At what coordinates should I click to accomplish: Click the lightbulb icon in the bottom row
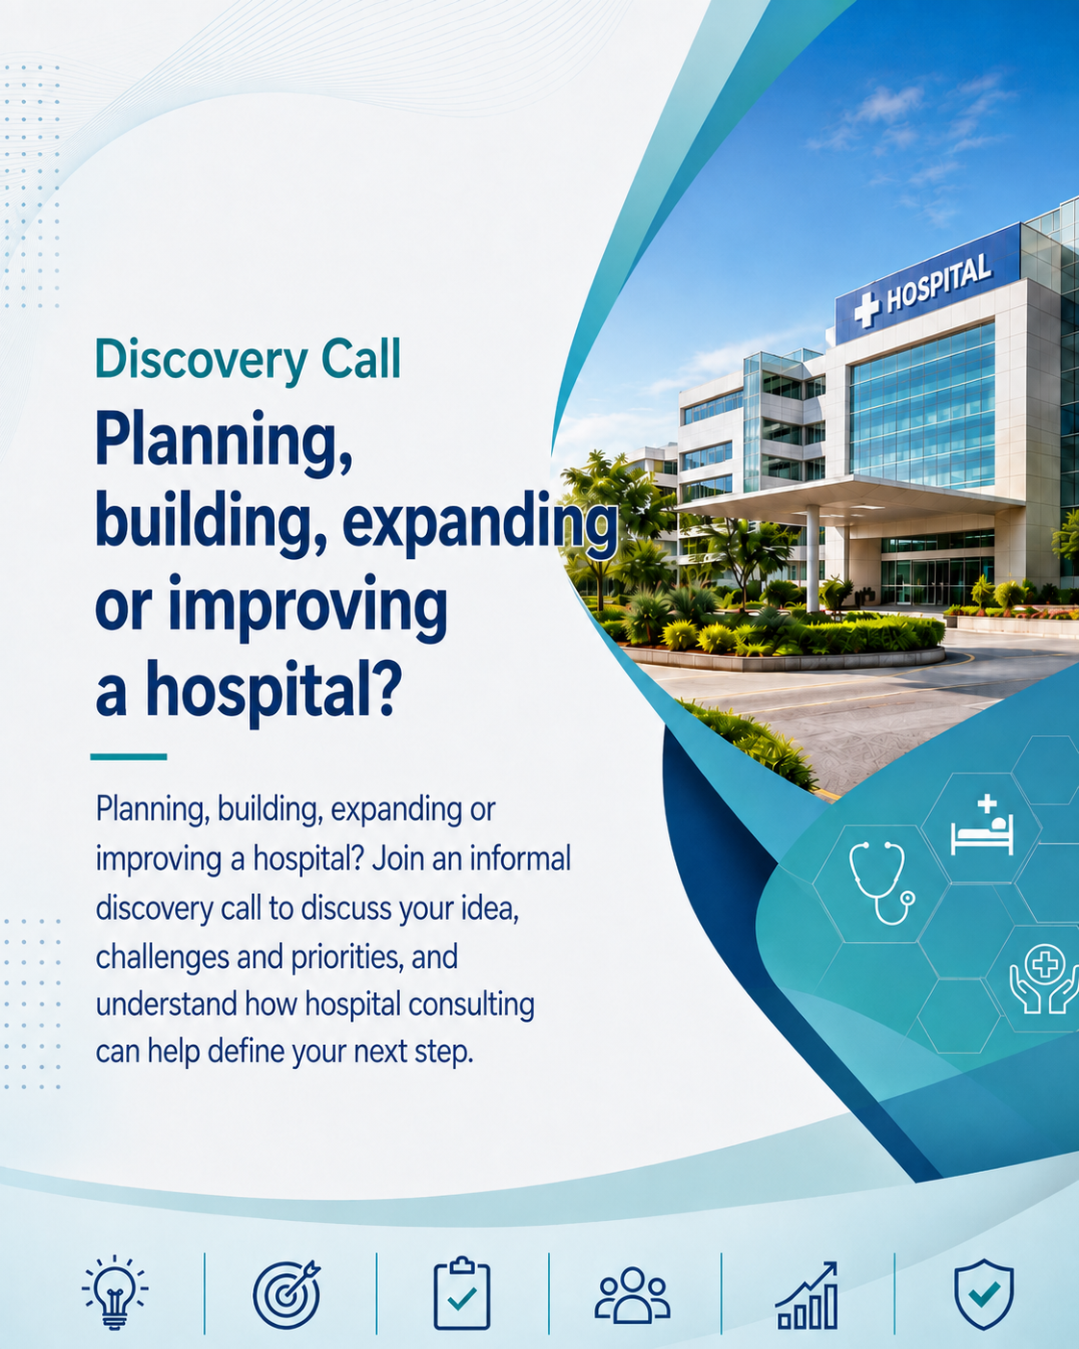pyautogui.click(x=115, y=1292)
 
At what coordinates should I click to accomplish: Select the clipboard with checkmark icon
pyautogui.click(x=462, y=1292)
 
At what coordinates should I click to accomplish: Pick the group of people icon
pyautogui.click(x=632, y=1295)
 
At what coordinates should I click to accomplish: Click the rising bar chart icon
pyautogui.click(x=807, y=1295)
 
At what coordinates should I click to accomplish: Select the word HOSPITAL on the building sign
pyautogui.click(x=939, y=283)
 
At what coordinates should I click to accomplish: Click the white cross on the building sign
pyautogui.click(x=866, y=310)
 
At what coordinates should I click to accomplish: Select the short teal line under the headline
pyautogui.click(x=129, y=756)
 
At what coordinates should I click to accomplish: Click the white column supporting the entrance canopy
pyautogui.click(x=812, y=558)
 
